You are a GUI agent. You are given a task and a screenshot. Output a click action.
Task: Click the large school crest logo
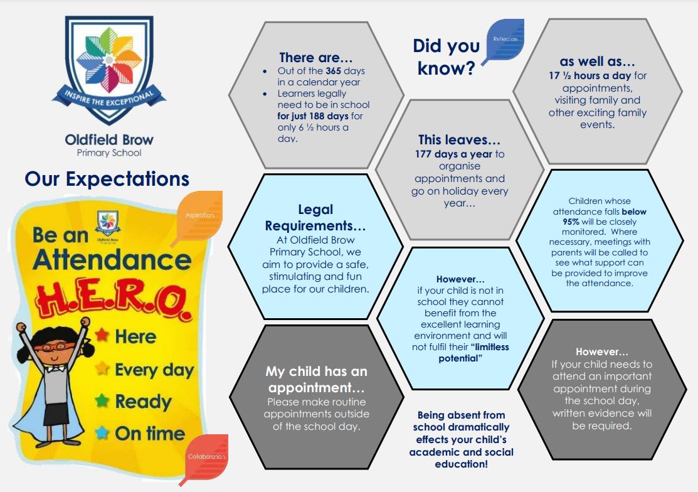pos(109,70)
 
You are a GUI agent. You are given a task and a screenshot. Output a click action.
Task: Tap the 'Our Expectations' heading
pos(107,179)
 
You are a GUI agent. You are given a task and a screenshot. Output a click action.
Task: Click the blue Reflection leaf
pos(504,41)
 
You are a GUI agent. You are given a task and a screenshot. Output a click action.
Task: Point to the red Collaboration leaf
pos(205,459)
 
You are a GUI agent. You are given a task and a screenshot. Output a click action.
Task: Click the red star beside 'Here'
pos(102,334)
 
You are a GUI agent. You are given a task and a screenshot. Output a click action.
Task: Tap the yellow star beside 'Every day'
pos(102,368)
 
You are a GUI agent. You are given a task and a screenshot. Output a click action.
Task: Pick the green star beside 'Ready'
pos(102,400)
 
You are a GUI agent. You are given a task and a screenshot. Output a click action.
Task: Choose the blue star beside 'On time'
pos(102,432)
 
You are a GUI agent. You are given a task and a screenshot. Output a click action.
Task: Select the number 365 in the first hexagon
pos(334,71)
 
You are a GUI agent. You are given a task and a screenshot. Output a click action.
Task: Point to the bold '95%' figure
pos(571,222)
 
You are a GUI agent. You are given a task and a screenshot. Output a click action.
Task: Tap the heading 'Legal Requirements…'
pos(315,217)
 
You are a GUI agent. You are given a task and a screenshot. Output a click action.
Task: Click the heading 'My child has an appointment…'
pos(317,379)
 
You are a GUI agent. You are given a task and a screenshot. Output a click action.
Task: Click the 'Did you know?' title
pos(447,57)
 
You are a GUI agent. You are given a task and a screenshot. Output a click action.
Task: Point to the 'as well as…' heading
pos(598,61)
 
